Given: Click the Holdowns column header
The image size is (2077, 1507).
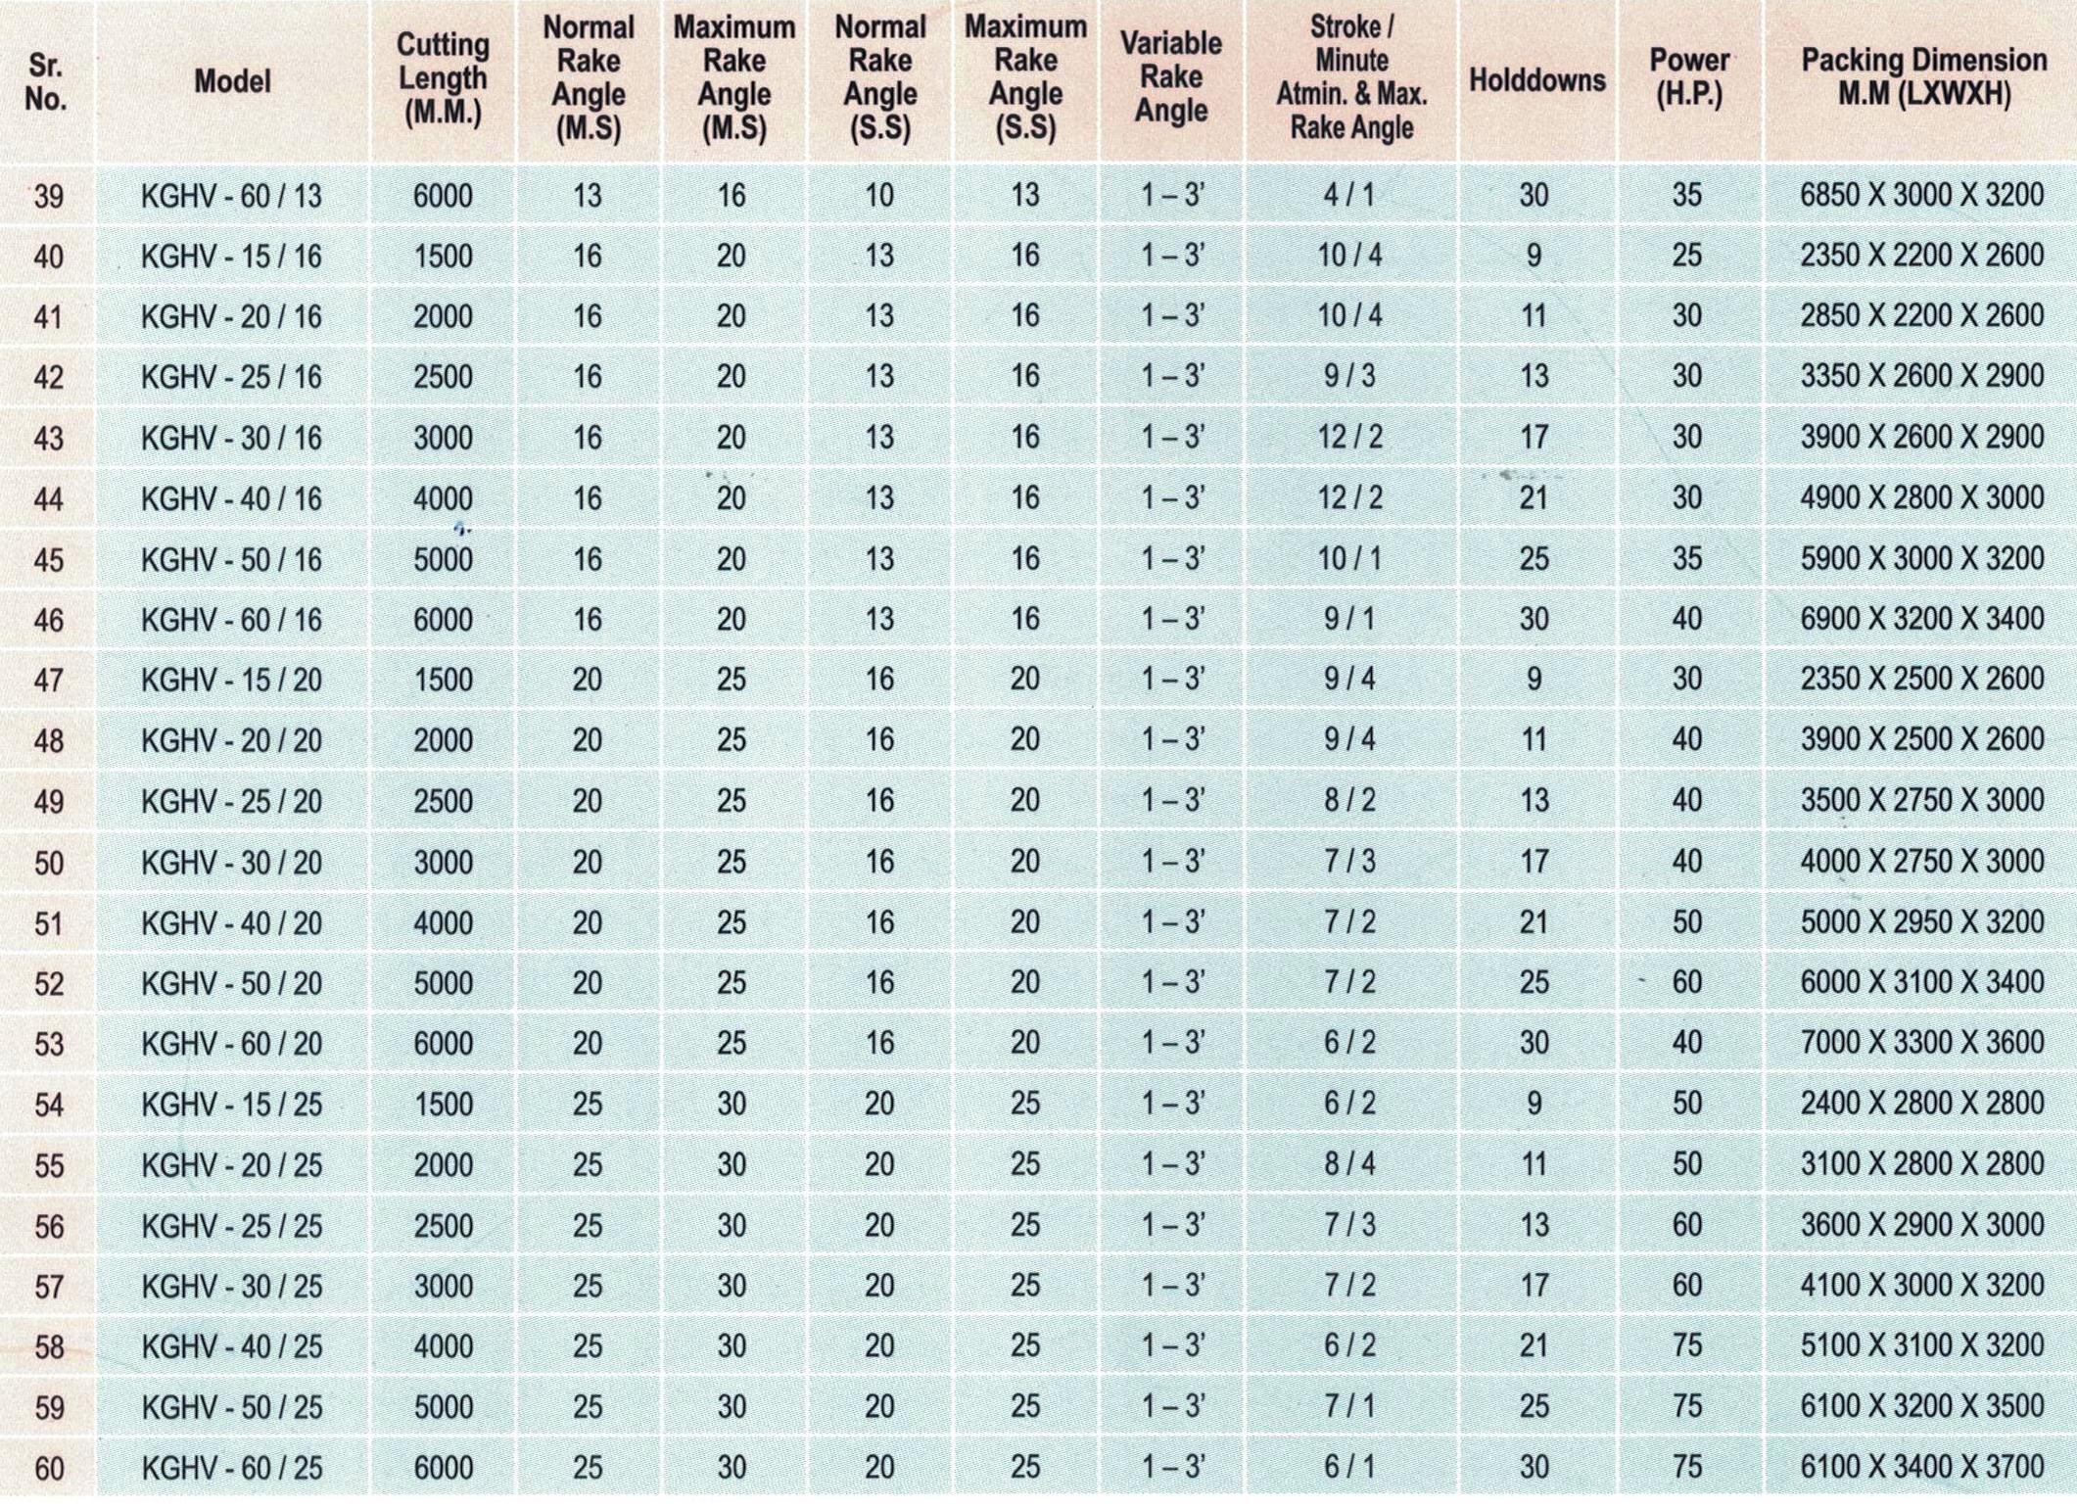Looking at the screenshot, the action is coord(1536,79).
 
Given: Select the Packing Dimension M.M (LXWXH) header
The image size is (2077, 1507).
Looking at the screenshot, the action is coord(1923,76).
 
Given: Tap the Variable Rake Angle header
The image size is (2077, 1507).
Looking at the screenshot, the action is coord(1171,76).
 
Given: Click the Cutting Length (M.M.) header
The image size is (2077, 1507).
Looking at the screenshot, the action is coord(443,78).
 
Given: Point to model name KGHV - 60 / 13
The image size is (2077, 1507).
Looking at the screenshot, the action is coord(231,196).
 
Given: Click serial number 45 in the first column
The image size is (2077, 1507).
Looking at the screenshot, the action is coord(49,560).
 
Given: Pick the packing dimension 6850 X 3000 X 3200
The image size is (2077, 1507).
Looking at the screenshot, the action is coord(1921,195).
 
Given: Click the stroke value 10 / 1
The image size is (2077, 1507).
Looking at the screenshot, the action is coord(1349,559).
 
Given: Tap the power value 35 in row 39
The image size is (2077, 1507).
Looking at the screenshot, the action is coord(1686,195).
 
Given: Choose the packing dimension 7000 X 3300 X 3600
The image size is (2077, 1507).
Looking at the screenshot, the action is coord(1921,1043).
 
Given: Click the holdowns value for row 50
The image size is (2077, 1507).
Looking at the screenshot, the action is coord(1534,862).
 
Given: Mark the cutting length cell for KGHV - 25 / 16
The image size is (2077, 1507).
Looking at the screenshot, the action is coord(443,377).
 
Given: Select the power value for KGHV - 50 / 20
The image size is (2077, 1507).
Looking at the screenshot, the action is coord(1686,982).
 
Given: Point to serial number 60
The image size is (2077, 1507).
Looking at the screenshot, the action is coord(49,1468).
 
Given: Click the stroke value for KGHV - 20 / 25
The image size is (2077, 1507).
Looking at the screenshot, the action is coord(1349,1164).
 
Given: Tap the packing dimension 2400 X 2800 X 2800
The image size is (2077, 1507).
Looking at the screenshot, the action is coord(1921,1104).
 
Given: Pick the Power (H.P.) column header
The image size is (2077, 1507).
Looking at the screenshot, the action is coord(1689,77).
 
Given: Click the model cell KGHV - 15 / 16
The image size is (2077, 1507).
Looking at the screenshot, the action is coord(231,257).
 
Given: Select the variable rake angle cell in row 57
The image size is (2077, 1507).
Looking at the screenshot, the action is coord(1171,1285).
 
